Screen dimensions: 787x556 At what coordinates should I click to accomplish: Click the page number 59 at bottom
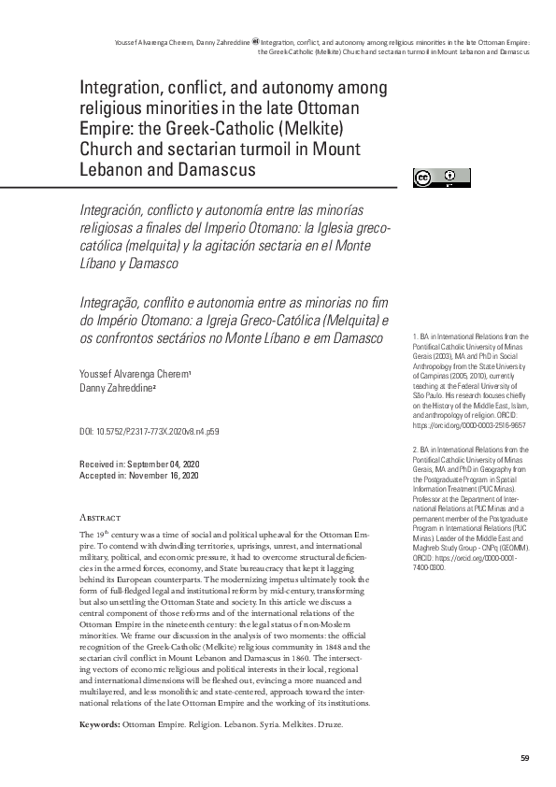[x=525, y=757]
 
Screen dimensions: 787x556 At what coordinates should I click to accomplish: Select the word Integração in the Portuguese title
[x=113, y=302]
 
